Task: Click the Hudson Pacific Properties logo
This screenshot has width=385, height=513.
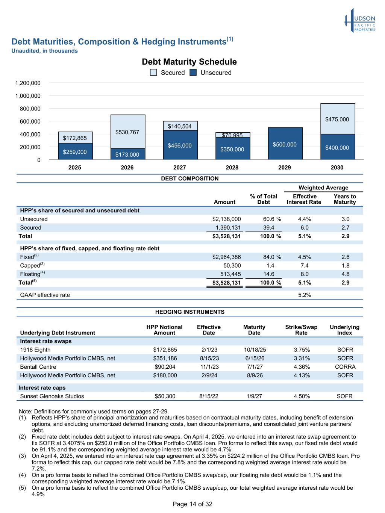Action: pos(360,21)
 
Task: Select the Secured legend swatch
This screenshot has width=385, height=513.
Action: pos(153,73)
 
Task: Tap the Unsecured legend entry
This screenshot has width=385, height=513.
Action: pos(211,73)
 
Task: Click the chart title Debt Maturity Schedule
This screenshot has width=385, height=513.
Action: pos(189,62)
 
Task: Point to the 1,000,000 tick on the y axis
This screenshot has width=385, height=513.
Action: pos(28,96)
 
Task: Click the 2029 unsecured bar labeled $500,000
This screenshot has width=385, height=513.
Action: pos(285,144)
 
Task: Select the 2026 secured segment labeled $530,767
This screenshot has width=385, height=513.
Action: pos(127,132)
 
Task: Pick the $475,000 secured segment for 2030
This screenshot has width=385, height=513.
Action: pos(337,119)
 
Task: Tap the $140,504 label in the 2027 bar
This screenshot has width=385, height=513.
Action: pos(180,126)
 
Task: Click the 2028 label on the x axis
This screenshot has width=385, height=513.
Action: pos(232,168)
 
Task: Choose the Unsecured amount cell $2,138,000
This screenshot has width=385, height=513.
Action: pos(227,219)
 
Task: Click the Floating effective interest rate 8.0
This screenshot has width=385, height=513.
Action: pos(305,274)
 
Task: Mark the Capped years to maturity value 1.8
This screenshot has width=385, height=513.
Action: pos(345,266)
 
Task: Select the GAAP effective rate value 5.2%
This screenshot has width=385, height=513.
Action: pos(305,295)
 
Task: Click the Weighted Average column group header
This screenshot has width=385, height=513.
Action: pos(323,188)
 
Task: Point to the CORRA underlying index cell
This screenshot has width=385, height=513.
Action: pos(345,367)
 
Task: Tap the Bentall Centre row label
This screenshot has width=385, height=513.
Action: pos(38,367)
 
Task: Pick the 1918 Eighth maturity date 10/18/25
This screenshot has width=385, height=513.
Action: pos(255,350)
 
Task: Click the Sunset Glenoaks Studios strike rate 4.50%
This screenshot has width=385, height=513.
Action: pos(301,396)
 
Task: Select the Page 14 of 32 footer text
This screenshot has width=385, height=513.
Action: pos(192,504)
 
